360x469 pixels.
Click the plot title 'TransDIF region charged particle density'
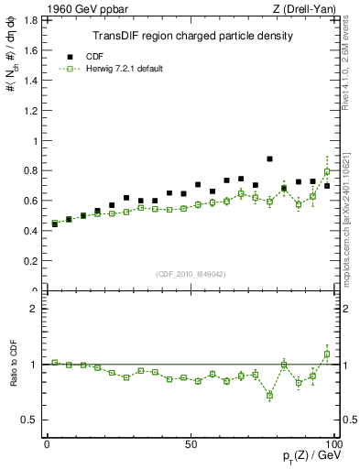tap(192, 36)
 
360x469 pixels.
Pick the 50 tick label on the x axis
tap(191, 442)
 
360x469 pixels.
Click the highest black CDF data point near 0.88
tap(269, 158)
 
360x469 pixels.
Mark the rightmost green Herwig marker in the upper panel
tap(327, 171)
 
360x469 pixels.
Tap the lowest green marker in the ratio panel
tap(269, 396)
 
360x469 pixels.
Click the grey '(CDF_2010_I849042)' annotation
tap(191, 272)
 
